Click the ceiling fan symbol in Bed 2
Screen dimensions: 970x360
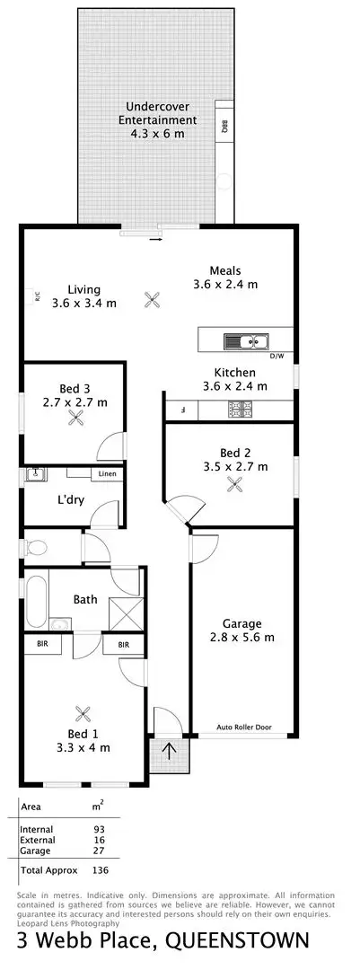click(x=235, y=484)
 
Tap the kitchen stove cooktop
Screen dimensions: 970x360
click(x=241, y=410)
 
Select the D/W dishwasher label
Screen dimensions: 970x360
click(x=277, y=356)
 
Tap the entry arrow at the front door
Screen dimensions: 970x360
click(x=169, y=750)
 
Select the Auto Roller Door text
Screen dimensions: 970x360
click(x=243, y=727)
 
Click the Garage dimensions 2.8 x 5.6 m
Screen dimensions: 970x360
click(x=242, y=638)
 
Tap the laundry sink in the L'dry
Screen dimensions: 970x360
click(x=37, y=473)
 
